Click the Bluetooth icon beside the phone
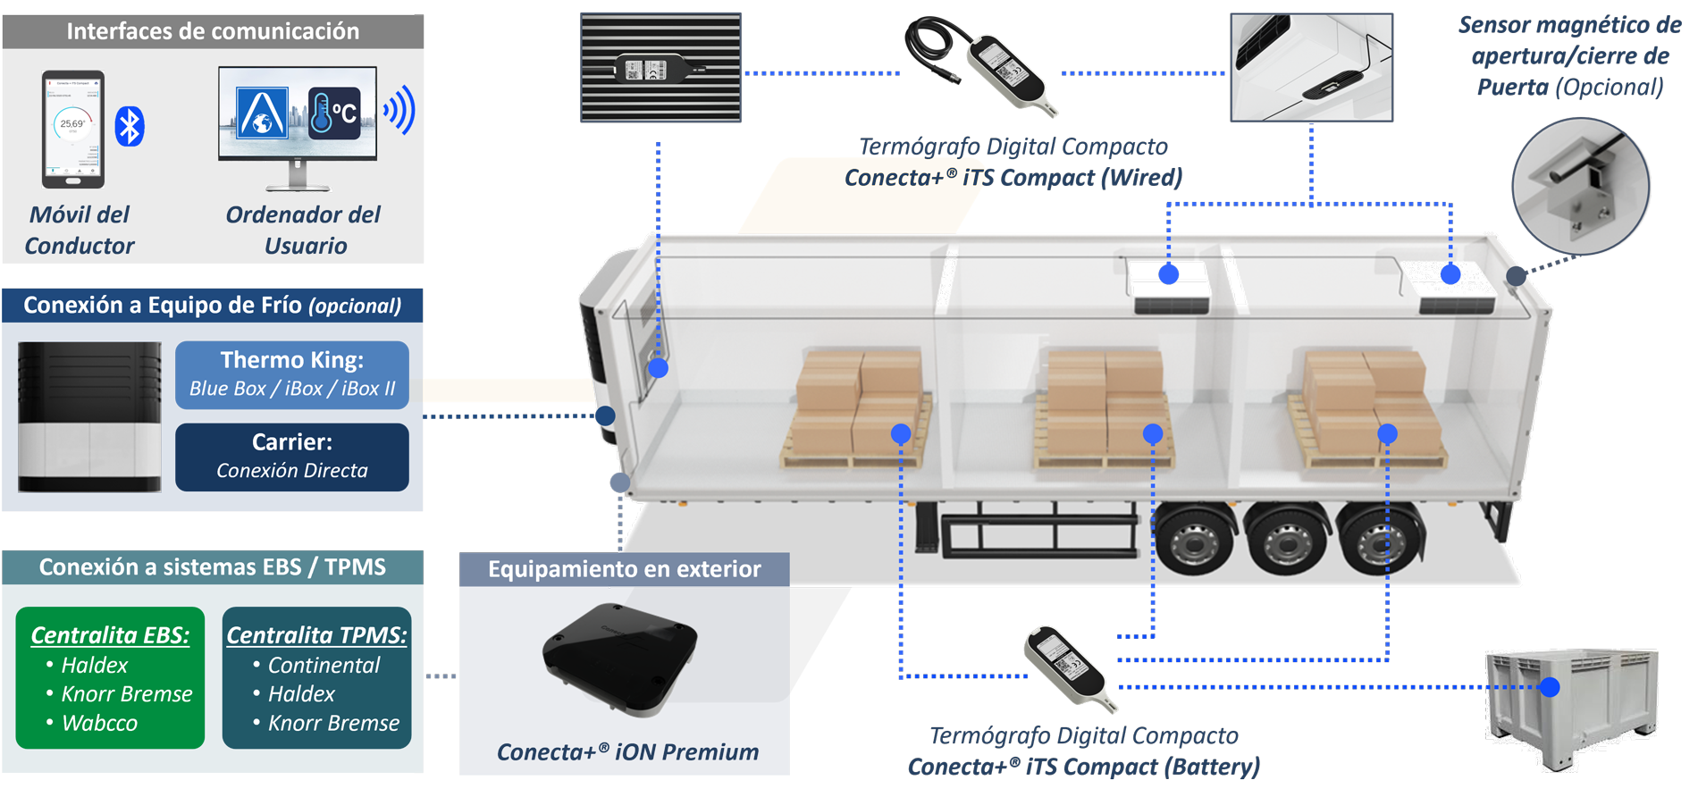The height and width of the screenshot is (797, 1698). pos(130,127)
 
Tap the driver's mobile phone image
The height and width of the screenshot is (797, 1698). pos(73,130)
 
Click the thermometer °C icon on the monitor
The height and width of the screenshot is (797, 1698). pos(334,113)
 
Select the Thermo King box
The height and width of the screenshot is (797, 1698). pos(292,374)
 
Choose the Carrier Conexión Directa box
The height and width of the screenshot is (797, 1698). pos(292,457)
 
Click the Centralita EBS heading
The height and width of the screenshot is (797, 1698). pos(110,635)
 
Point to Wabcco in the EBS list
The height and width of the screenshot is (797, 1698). pos(99,723)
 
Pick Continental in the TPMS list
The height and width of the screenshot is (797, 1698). pos(324,666)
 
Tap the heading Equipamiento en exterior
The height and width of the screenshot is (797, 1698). pos(624,569)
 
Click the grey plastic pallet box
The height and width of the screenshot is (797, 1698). pos(1570,706)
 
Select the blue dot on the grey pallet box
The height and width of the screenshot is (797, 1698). pos(1550,687)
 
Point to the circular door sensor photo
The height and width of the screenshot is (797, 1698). pos(1580,188)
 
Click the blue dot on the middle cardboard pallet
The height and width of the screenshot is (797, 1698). pos(1153,434)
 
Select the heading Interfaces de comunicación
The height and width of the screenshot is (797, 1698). pos(213,31)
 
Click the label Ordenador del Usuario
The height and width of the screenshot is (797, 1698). pos(304,230)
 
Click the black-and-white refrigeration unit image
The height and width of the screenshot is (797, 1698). pos(89,417)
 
